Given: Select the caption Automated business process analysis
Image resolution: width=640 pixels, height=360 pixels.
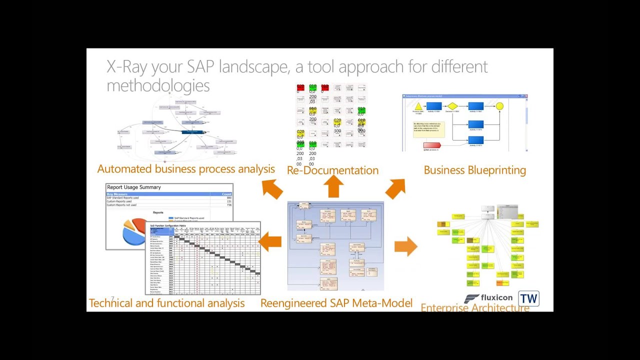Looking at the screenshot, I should coord(186,169).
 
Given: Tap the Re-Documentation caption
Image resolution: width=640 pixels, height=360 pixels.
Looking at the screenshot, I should coord(332,170).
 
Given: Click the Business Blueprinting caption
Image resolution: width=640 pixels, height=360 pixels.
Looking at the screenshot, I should coord(474,170).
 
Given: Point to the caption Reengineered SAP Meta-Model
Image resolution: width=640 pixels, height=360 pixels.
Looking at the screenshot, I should coord(336,303).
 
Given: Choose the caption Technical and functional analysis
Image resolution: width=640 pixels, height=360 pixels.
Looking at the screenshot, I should coord(166,303).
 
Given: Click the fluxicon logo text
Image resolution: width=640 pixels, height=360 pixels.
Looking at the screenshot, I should coord(495,297).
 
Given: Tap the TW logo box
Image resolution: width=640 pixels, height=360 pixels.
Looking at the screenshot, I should coord(528,299).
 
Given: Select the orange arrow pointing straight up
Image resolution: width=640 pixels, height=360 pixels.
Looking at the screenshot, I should coord(333,186).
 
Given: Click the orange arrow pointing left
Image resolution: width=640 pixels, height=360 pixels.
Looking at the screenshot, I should coord(270,242).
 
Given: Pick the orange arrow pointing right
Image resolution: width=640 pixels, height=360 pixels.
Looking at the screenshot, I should coord(405,246).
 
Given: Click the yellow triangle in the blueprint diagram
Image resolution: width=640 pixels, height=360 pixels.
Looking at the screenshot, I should coord(418,106).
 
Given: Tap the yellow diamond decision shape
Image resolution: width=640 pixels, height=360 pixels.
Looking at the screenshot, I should coord(452,106).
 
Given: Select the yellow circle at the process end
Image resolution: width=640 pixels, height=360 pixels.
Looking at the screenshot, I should coord(499,106).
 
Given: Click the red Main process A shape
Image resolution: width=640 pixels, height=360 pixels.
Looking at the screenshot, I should coord(431,146).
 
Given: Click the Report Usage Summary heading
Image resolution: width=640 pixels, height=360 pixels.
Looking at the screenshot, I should coord(134,187).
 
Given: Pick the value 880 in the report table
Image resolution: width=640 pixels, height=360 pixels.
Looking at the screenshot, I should coord(229,198).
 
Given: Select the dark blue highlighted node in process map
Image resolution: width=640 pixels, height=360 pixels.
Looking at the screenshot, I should coord(192,132).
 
